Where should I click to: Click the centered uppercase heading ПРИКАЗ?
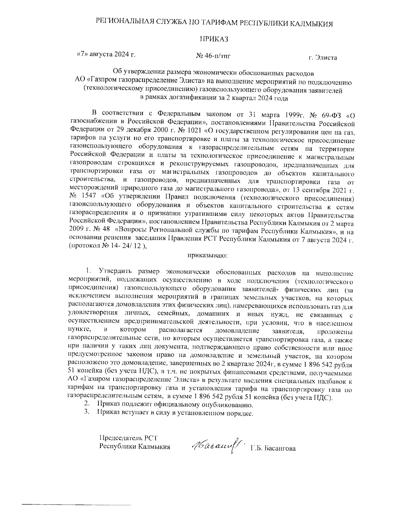pyautogui.click(x=214, y=39)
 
